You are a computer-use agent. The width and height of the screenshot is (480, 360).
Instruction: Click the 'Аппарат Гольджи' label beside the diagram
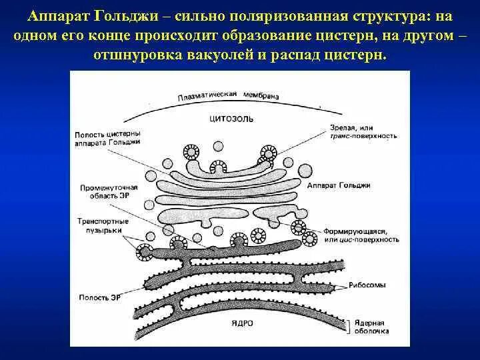click(x=339, y=185)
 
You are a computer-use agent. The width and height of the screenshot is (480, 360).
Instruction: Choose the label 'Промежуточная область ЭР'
click(x=105, y=191)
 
